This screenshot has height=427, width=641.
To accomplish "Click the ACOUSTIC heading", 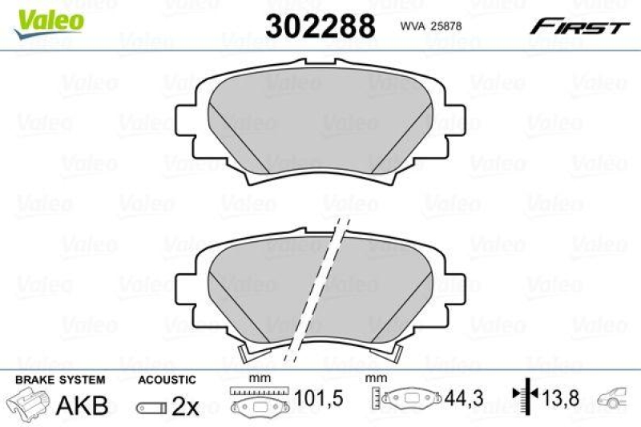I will (x=167, y=379).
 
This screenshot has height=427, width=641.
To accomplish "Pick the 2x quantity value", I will (x=186, y=406).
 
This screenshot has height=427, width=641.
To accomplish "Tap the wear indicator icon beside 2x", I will (x=151, y=407).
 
